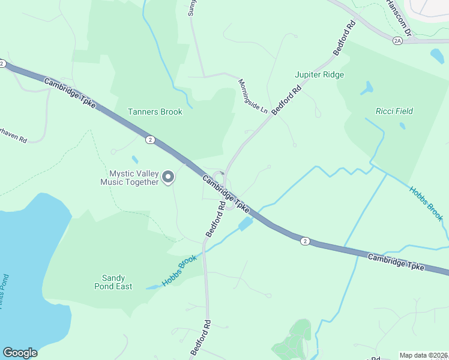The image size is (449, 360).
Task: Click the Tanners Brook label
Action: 155,112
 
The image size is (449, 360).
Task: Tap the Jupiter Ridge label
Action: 319,75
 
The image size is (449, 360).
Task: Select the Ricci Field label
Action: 394,111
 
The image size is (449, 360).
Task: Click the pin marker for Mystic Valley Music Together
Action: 169,177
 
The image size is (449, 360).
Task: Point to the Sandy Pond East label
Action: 113,282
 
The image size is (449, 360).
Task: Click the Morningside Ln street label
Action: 252,96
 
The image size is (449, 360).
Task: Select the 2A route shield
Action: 397,40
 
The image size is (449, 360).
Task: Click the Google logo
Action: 20,353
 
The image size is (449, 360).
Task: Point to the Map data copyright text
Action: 424,355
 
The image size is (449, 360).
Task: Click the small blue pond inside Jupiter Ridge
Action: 366,88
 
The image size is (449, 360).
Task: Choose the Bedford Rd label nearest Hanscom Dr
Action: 345,38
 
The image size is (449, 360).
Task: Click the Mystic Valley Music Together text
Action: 130,178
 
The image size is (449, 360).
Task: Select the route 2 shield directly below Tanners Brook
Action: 149,140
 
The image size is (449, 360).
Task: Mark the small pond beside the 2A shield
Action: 437,56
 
